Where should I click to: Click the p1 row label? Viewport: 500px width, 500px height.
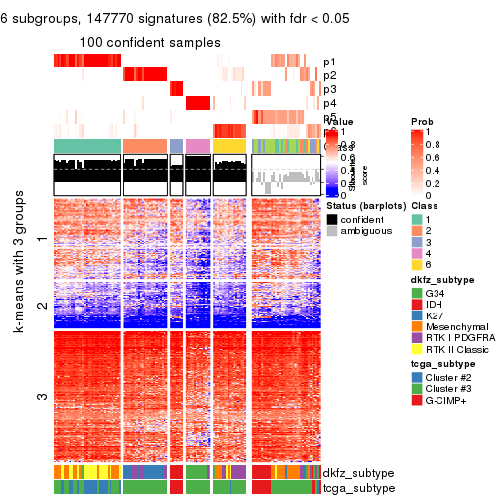329,62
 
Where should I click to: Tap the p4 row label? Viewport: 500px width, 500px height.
329,103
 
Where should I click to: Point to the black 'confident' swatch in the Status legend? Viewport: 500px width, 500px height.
332,218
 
